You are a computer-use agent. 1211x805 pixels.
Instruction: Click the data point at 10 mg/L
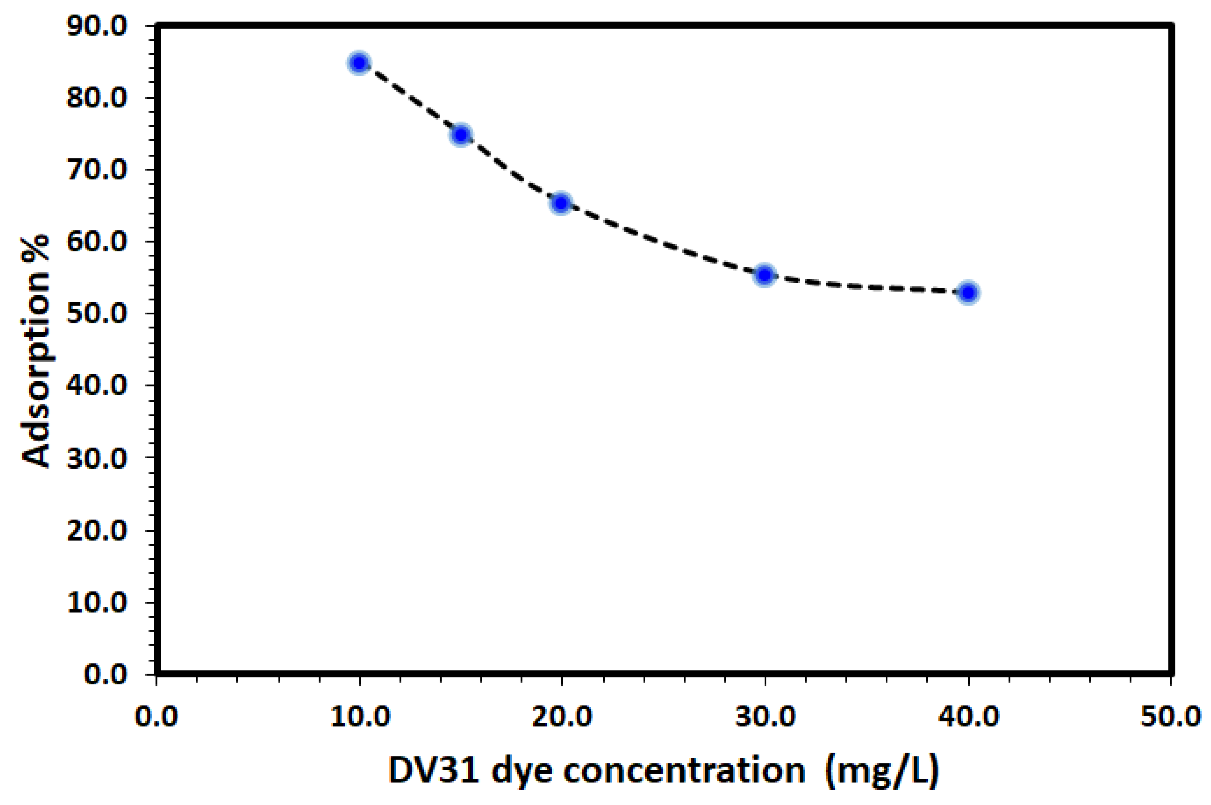[359, 63]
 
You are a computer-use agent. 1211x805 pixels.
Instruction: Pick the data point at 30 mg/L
[765, 276]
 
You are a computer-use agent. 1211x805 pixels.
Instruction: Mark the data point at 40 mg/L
[968, 292]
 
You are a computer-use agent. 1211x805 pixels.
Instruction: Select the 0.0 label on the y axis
[105, 674]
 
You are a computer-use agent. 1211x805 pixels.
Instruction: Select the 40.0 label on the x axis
[969, 717]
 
